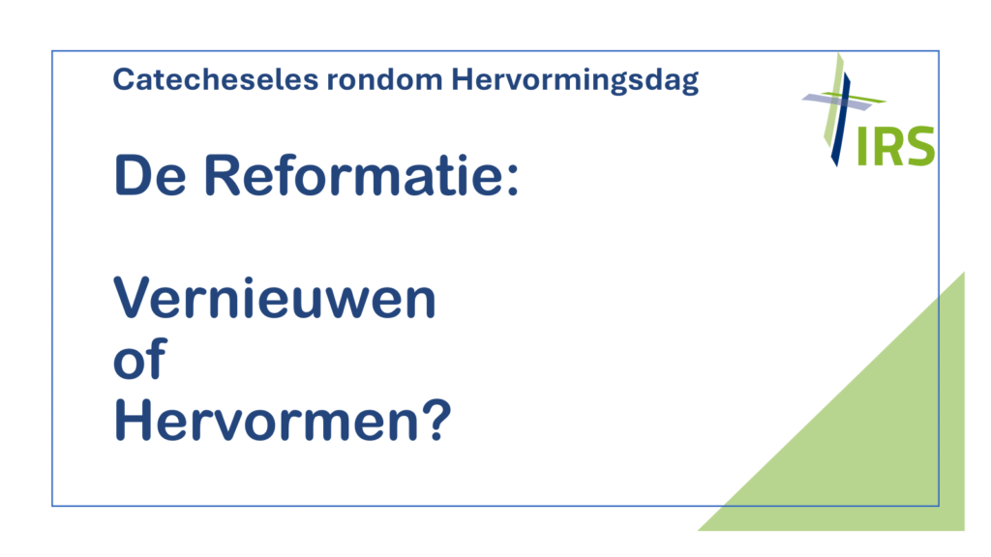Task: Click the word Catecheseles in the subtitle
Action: (216, 79)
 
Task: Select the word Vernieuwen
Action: (275, 298)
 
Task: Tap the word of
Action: (139, 358)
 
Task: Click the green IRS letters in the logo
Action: (895, 146)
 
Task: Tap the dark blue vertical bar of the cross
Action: (841, 120)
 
